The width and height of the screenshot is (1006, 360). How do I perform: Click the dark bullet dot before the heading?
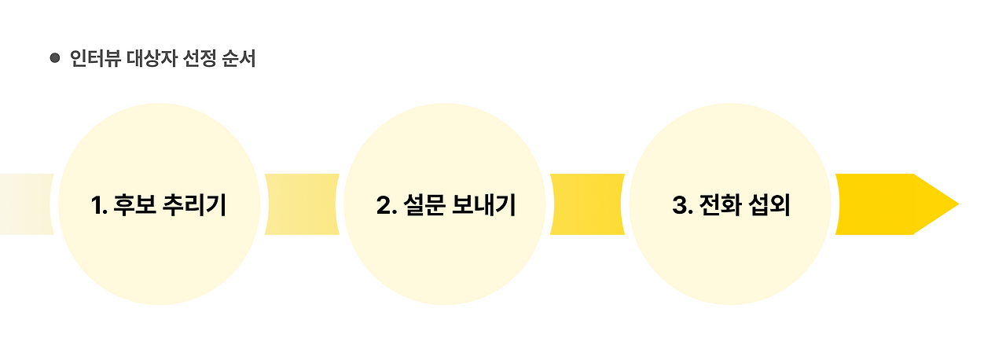click(55, 58)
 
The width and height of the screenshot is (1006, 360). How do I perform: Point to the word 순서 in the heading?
click(239, 59)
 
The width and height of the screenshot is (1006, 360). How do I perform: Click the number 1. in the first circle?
click(99, 205)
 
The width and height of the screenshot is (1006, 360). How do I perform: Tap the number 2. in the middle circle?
click(386, 205)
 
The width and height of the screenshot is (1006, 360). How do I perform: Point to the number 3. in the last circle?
click(681, 205)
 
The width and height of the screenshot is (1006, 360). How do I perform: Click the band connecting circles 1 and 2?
click(302, 204)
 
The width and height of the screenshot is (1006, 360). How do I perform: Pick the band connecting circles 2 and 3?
click(587, 204)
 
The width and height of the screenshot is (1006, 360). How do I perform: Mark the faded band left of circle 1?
click(25, 204)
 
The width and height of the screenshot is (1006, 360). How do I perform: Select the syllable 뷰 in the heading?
click(110, 59)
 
